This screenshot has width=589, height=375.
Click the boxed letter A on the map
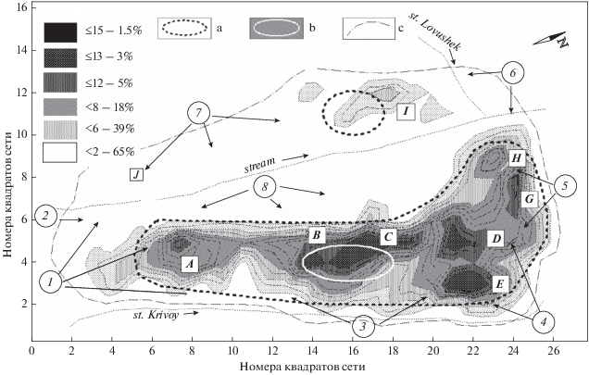click(x=189, y=264)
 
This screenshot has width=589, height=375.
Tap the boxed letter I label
click(x=405, y=111)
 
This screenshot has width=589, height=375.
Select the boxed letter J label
click(x=136, y=173)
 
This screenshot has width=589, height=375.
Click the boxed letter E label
click(x=500, y=282)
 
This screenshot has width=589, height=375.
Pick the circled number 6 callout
click(x=514, y=72)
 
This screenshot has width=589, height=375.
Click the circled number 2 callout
click(x=46, y=217)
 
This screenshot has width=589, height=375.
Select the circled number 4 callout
click(x=545, y=322)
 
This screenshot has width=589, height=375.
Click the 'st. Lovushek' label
click(x=436, y=31)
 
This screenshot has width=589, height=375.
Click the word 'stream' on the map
click(x=260, y=167)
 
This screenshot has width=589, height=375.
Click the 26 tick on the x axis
click(x=553, y=352)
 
